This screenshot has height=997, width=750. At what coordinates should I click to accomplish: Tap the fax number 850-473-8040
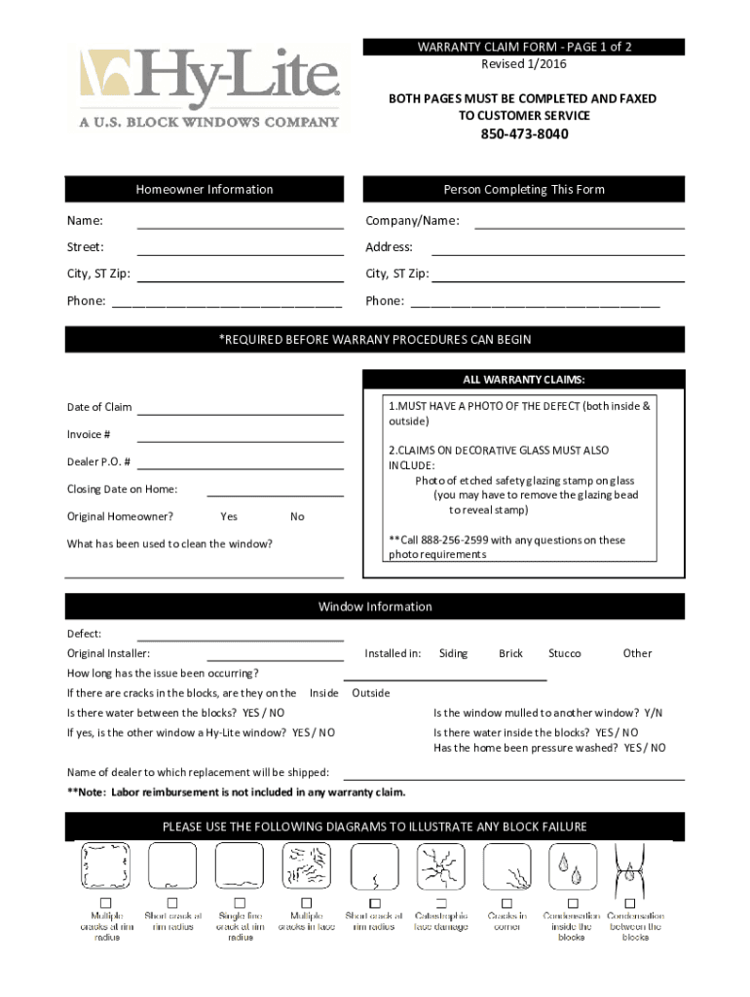523,134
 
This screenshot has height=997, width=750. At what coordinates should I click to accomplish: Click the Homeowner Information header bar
204,190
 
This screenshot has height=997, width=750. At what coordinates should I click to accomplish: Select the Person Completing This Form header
523,190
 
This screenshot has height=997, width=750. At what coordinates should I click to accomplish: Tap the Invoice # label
89,434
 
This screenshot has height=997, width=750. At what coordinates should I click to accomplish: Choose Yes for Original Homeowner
229,517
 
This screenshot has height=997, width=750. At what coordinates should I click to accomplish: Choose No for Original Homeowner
297,517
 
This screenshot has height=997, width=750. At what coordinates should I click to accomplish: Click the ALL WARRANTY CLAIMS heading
523,380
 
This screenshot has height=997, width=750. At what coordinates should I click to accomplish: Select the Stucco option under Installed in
564,653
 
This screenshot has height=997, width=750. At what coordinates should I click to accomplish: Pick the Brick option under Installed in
510,653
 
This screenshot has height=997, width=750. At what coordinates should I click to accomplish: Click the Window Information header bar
374,607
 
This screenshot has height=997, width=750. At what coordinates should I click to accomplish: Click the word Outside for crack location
370,693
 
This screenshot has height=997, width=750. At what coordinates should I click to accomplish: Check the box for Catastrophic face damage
441,903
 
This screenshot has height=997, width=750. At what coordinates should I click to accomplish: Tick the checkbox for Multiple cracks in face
307,903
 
